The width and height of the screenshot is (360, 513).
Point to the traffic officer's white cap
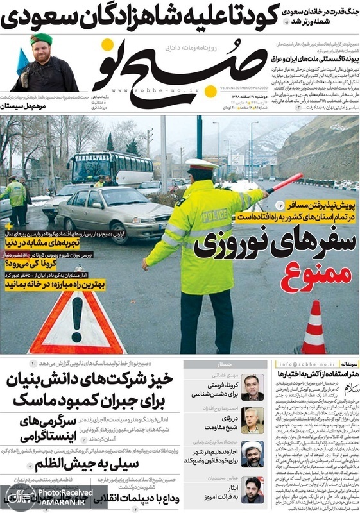(201, 164)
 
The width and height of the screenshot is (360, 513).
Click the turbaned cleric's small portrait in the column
(253, 451)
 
